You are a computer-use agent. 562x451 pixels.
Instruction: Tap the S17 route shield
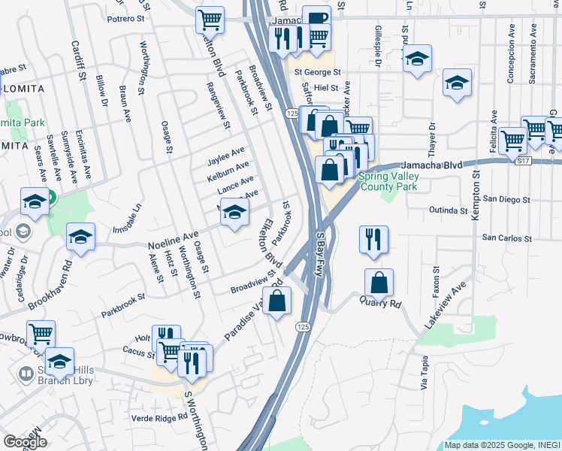(524, 161)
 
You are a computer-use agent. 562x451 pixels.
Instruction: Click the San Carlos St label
(506, 238)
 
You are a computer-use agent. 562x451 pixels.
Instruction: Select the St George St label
(317, 73)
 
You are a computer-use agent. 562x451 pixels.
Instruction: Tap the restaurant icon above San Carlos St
(373, 239)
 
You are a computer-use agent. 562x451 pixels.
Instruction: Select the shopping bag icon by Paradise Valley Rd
(277, 301)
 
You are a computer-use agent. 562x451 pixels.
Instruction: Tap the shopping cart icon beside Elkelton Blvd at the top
(210, 19)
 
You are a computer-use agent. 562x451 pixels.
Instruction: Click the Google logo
(25, 442)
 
